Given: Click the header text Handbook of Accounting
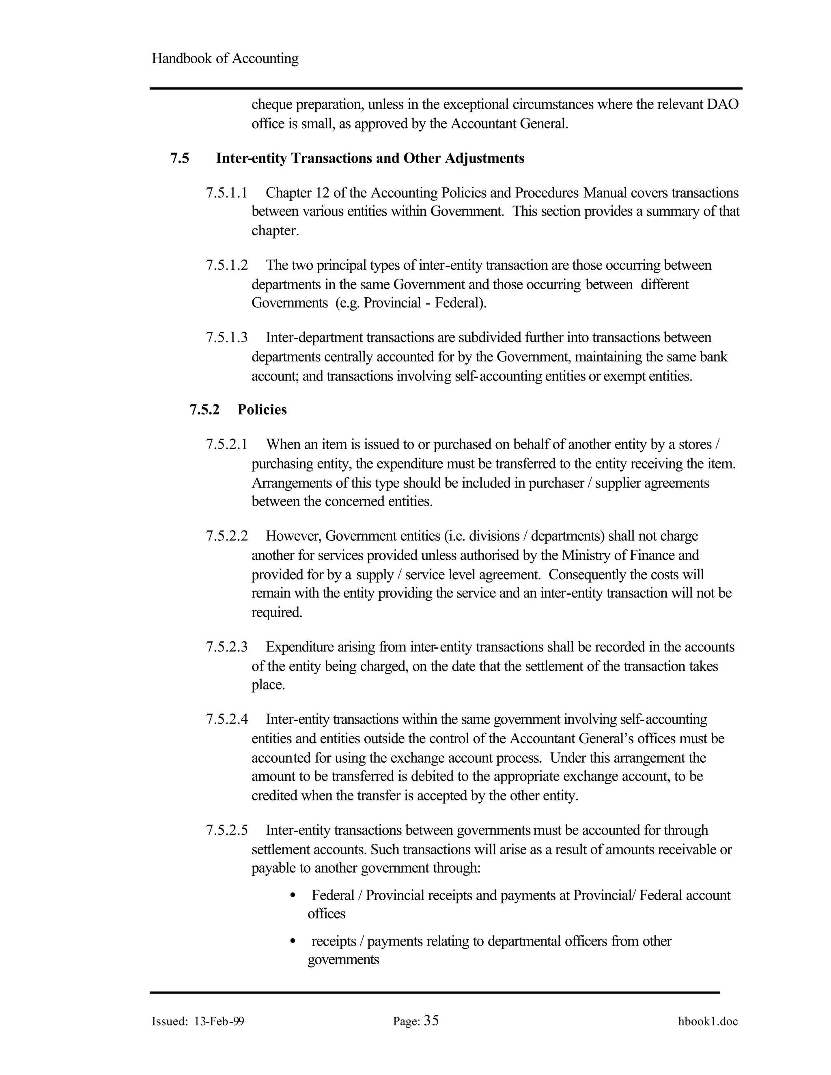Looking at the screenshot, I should point(225,58).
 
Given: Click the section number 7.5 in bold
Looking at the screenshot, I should point(180,159).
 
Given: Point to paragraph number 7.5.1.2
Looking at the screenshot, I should point(226,265).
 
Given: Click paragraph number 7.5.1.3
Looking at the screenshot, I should point(226,338).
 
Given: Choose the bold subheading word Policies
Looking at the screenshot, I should point(262,410).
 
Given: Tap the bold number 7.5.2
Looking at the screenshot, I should point(205,410).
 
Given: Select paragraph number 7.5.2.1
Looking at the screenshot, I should point(226,445).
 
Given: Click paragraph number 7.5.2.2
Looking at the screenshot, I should point(226,536).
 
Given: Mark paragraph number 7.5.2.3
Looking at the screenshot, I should point(226,647).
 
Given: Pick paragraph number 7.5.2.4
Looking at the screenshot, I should point(226,720).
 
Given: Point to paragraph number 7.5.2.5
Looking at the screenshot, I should point(226,830).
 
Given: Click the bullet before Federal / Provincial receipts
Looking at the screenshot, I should point(293,896).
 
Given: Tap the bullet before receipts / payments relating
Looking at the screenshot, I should point(293,942).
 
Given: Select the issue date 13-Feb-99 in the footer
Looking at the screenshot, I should point(219,1021).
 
